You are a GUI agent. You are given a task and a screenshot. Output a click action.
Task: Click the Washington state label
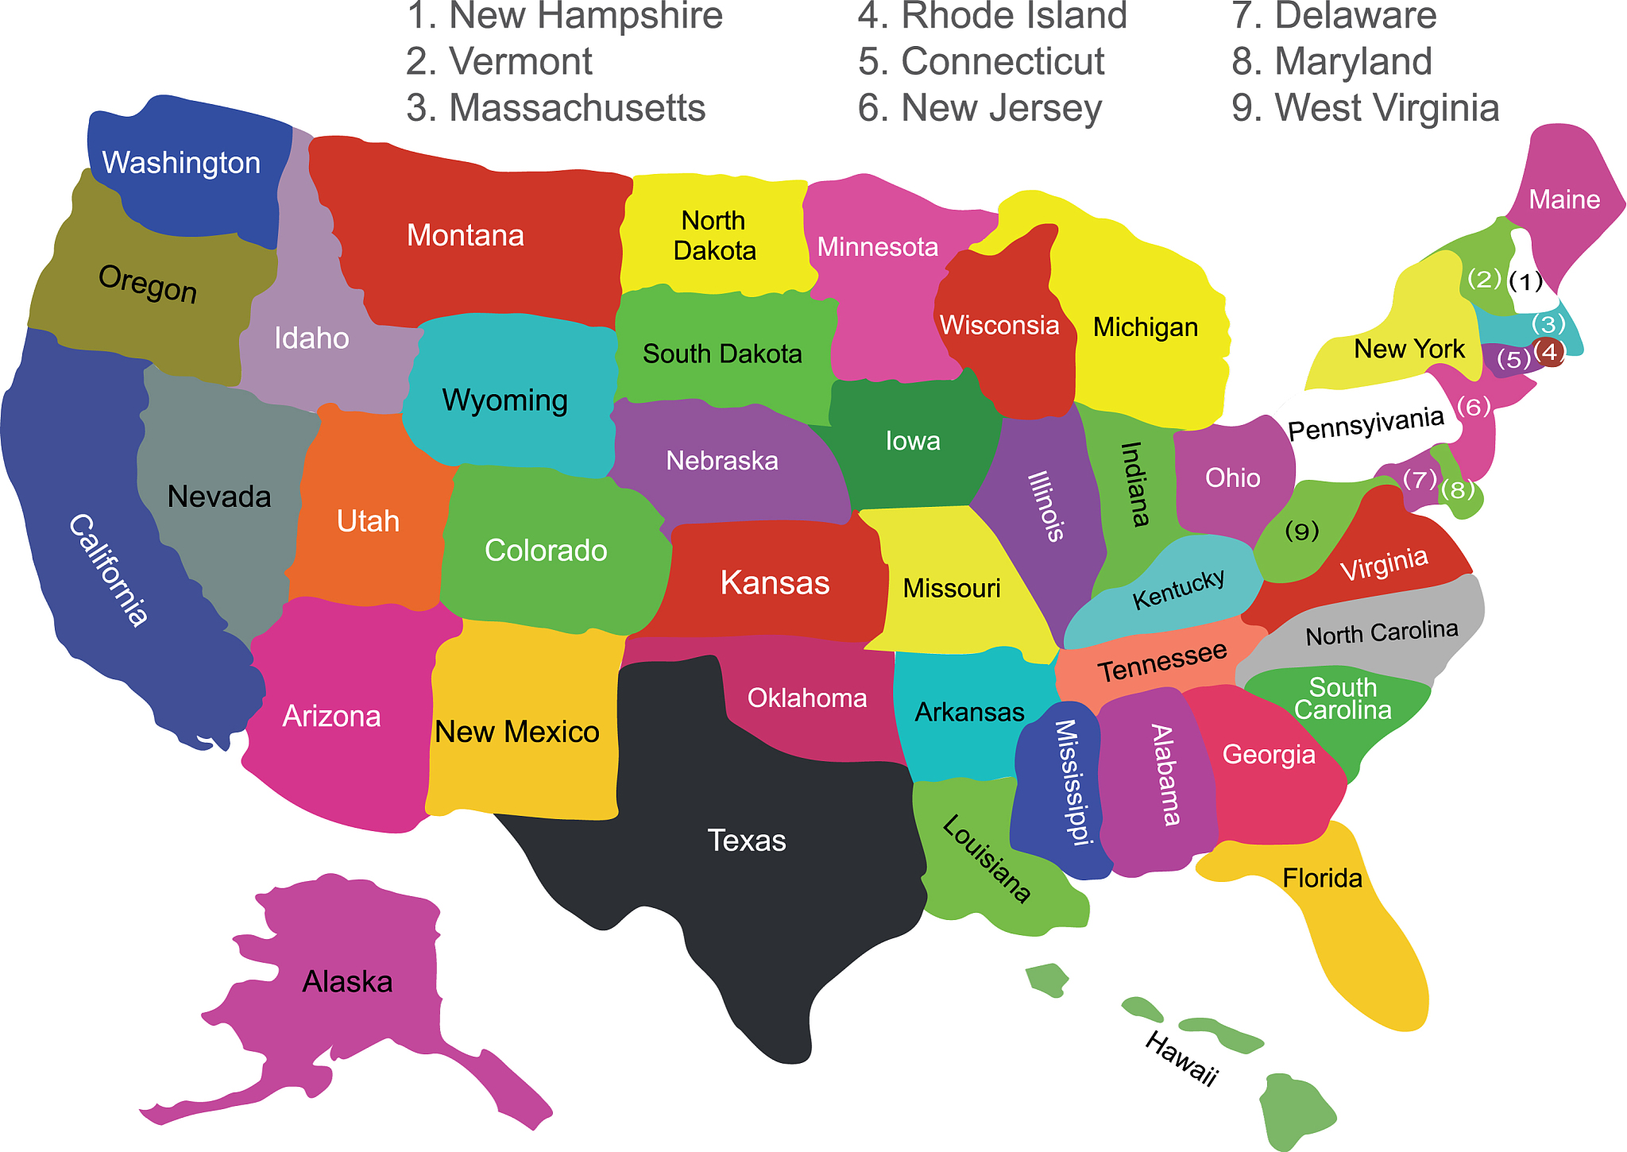pyautogui.click(x=181, y=163)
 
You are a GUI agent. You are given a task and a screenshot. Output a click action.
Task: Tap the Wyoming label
pyautogui.click(x=504, y=400)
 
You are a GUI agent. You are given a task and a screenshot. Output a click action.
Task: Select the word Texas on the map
pyautogui.click(x=747, y=841)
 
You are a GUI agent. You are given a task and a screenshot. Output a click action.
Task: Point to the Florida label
pyautogui.click(x=1322, y=878)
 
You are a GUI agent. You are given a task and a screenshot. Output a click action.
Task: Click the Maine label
pyautogui.click(x=1564, y=199)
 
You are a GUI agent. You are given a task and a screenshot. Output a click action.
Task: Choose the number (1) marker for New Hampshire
pyautogui.click(x=1525, y=281)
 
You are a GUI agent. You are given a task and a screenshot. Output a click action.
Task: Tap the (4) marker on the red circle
pyautogui.click(x=1548, y=351)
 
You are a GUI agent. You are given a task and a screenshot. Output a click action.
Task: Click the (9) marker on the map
pyautogui.click(x=1301, y=531)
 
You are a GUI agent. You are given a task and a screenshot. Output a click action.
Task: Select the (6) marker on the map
pyautogui.click(x=1474, y=407)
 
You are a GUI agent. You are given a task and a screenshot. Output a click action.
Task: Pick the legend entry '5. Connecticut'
pyautogui.click(x=981, y=62)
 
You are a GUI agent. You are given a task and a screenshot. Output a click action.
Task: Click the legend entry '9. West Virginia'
pyautogui.click(x=1365, y=108)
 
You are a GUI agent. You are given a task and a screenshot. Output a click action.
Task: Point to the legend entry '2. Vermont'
pyautogui.click(x=499, y=62)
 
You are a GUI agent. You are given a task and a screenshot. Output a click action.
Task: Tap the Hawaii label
pyautogui.click(x=1181, y=1059)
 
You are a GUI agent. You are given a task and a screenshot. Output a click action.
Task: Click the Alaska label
pyautogui.click(x=347, y=982)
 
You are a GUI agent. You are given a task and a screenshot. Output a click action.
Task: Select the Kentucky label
pyautogui.click(x=1178, y=590)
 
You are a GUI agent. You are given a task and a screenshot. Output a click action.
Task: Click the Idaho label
pyautogui.click(x=311, y=338)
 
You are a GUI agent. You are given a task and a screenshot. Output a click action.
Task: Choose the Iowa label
pyautogui.click(x=913, y=441)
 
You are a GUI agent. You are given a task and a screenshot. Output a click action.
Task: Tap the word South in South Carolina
pyautogui.click(x=1343, y=686)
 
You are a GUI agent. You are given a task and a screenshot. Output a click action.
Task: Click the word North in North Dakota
pyautogui.click(x=713, y=220)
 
